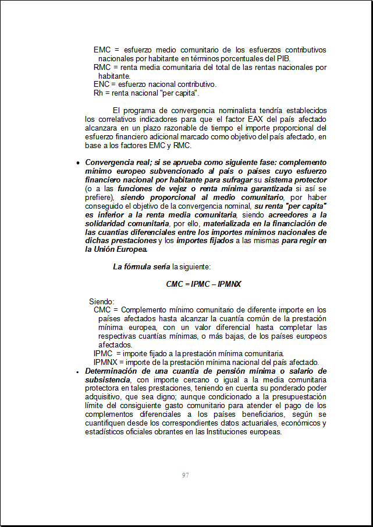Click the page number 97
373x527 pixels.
[185, 475]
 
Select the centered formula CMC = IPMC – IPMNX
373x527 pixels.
[204, 284]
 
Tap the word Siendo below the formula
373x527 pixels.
[101, 301]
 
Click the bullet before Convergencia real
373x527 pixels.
[77, 163]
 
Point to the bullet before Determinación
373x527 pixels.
[77, 371]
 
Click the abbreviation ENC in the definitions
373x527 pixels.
[101, 84]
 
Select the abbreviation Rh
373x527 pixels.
[98, 93]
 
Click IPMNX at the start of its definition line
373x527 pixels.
[105, 362]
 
